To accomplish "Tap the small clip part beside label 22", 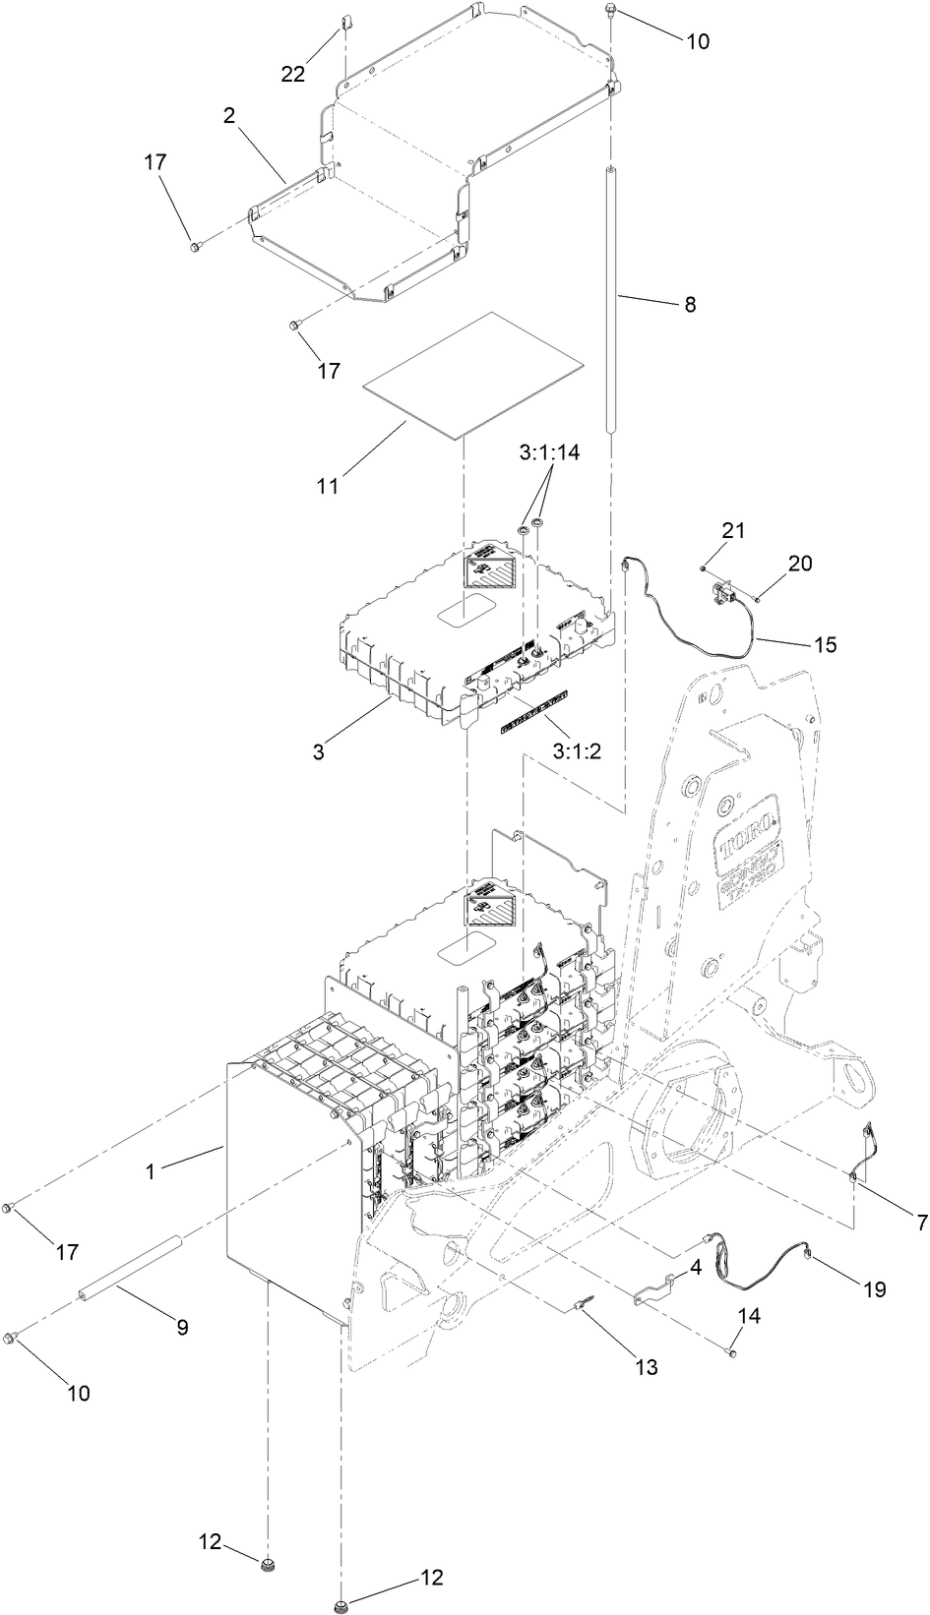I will [345, 22].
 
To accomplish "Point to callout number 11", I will [328, 486].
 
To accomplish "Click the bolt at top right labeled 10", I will [611, 13].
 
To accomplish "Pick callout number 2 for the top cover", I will [228, 115].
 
